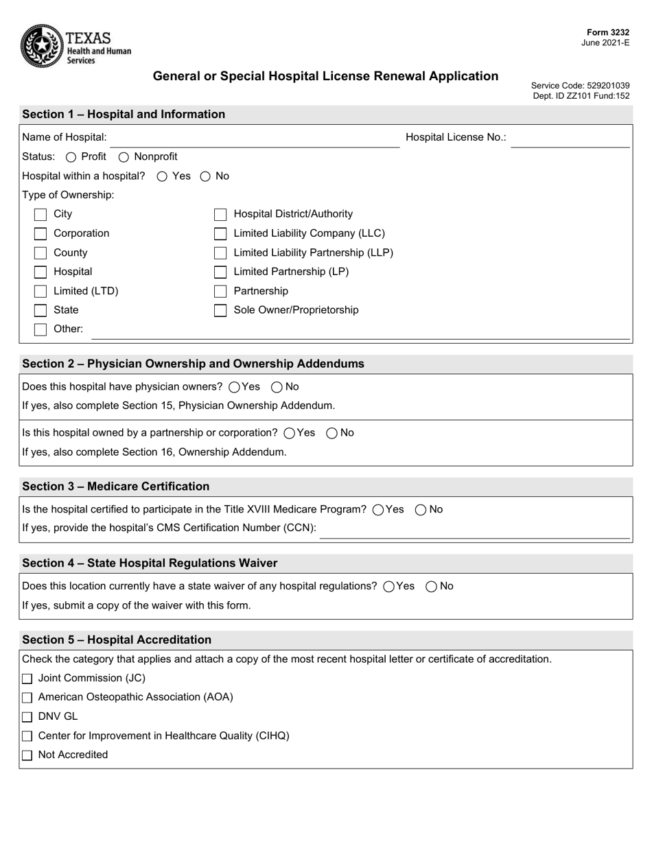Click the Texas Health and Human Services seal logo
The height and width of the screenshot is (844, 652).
pyautogui.click(x=43, y=45)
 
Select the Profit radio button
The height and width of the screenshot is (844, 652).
pyautogui.click(x=71, y=157)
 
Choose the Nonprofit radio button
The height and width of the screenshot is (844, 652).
pyautogui.click(x=124, y=157)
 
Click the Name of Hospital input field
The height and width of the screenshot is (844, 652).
pyautogui.click(x=254, y=138)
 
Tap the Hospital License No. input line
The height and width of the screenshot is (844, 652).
pyautogui.click(x=570, y=138)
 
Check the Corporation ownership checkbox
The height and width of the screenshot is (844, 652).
pyautogui.click(x=40, y=234)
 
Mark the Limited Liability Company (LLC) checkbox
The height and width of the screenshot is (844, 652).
pyautogui.click(x=220, y=234)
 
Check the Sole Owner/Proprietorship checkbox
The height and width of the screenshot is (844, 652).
pyautogui.click(x=220, y=311)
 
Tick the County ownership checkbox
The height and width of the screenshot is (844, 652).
pyautogui.click(x=40, y=253)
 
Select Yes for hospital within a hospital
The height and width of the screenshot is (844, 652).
pyautogui.click(x=163, y=176)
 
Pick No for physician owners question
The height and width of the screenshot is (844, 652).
pyautogui.click(x=277, y=387)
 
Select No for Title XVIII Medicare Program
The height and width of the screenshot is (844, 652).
pyautogui.click(x=421, y=510)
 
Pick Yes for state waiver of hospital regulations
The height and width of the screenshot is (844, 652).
pyautogui.click(x=389, y=587)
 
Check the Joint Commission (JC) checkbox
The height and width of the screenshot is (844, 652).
pyautogui.click(x=27, y=679)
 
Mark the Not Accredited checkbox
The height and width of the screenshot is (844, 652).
pyautogui.click(x=27, y=755)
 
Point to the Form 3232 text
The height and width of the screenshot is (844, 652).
pyautogui.click(x=607, y=32)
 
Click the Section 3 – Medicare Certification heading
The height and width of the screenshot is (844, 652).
pyautogui.click(x=116, y=487)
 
